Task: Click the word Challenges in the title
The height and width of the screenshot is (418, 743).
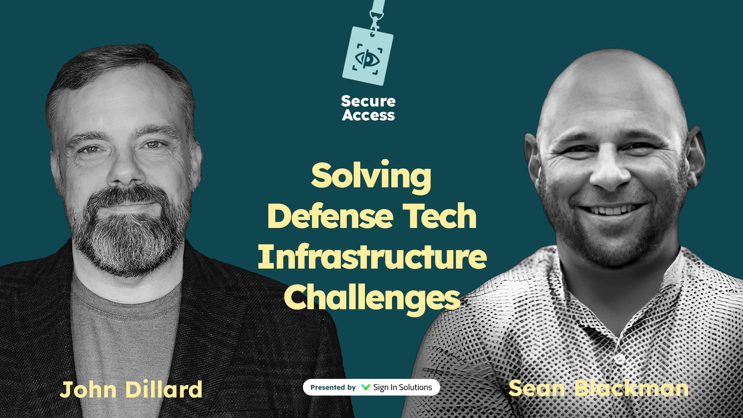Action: click(x=372, y=298)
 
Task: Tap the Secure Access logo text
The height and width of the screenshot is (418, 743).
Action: click(x=368, y=108)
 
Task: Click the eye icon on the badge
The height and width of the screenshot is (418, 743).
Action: click(x=367, y=58)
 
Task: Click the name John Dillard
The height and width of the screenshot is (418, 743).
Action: click(x=131, y=389)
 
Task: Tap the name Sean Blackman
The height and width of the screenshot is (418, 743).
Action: click(x=598, y=388)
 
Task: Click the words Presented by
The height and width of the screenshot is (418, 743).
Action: click(x=333, y=387)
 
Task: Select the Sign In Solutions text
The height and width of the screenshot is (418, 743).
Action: click(x=402, y=387)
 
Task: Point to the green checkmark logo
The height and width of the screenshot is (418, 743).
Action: click(x=365, y=387)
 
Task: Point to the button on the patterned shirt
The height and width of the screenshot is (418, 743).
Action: click(x=620, y=359)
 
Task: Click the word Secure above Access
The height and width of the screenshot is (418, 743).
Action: click(x=368, y=101)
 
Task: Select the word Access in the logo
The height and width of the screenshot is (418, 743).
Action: click(x=368, y=115)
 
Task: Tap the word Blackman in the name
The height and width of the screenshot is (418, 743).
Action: click(x=631, y=388)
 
